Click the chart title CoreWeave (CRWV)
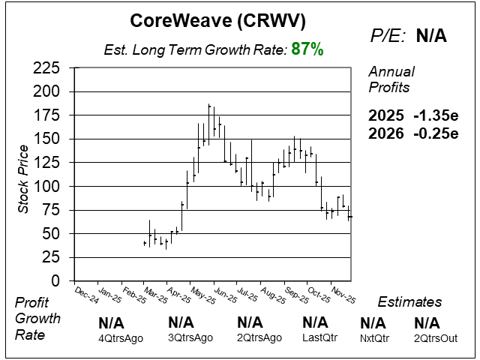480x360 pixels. [218, 20]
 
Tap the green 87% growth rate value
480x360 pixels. [308, 50]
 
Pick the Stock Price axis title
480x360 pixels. [23, 175]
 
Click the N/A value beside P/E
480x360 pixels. [431, 37]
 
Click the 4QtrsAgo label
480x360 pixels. [121, 338]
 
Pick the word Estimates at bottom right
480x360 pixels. [409, 302]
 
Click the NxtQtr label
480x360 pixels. [373, 338]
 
